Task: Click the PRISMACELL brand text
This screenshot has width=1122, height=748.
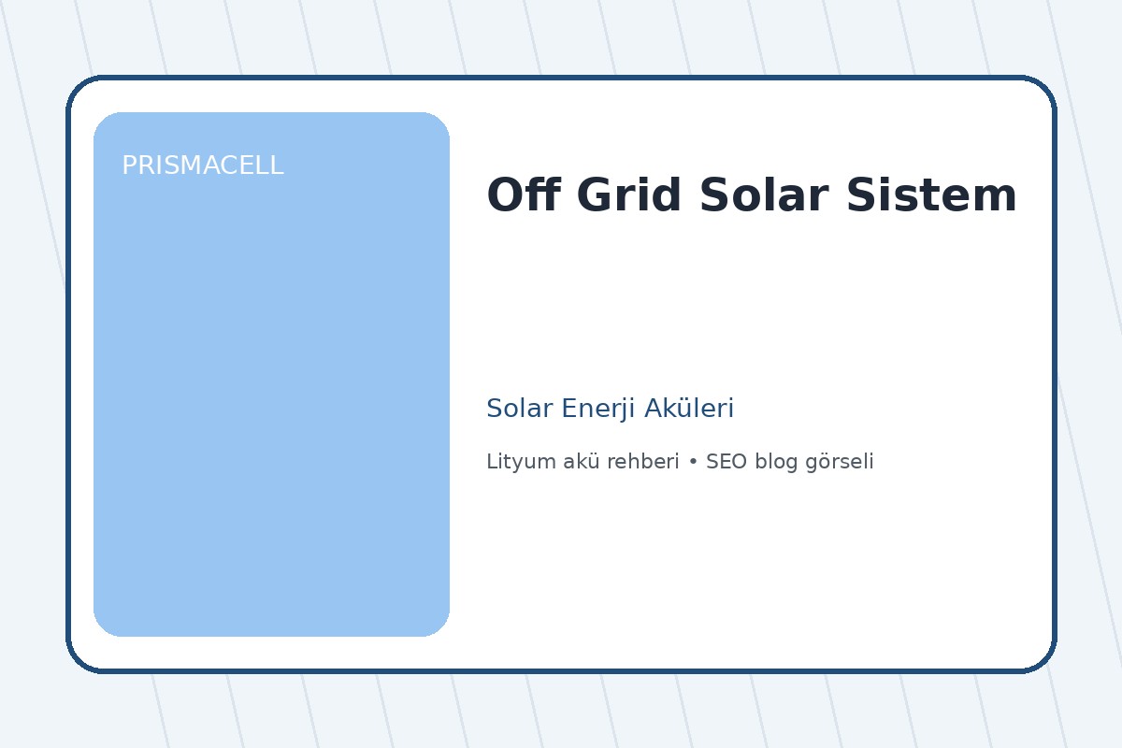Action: (x=202, y=166)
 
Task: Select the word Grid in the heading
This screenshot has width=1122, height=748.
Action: (x=628, y=196)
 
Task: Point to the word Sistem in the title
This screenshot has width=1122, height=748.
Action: (x=931, y=196)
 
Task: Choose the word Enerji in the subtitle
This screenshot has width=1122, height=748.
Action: (x=591, y=409)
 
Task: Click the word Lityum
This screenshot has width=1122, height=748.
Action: (x=514, y=462)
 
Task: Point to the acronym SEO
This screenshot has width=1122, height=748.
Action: (x=726, y=462)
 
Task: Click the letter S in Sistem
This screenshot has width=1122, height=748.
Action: (x=860, y=196)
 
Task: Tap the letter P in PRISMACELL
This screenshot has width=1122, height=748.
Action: (x=128, y=166)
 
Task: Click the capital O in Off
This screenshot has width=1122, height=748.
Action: (x=502, y=196)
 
